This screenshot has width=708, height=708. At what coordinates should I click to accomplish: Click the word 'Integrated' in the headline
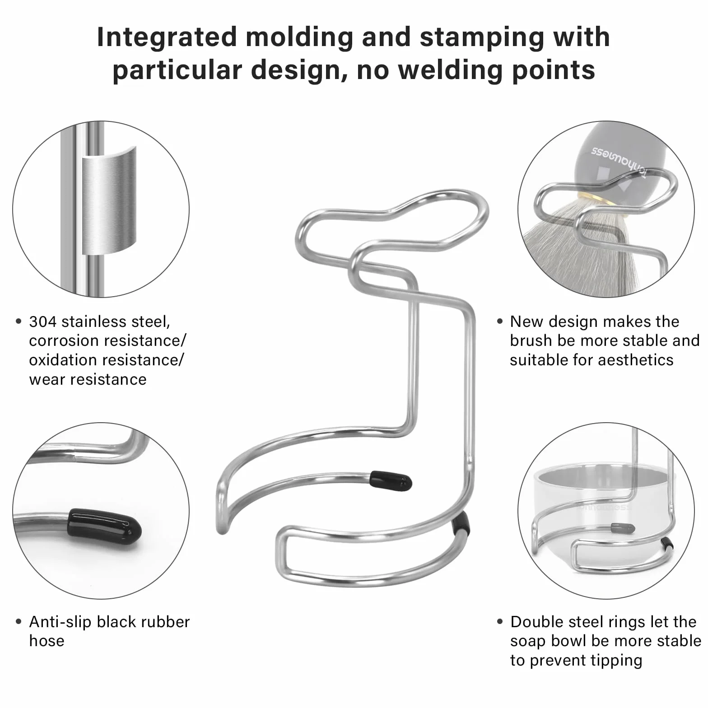(167, 38)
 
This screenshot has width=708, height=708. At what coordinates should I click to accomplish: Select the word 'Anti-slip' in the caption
(61, 622)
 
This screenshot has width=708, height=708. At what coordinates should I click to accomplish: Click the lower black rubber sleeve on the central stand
(461, 523)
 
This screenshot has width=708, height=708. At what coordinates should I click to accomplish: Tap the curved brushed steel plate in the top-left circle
(109, 200)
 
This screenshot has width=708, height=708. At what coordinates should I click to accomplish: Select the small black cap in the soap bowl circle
(623, 527)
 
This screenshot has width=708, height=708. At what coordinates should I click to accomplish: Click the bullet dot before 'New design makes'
(500, 321)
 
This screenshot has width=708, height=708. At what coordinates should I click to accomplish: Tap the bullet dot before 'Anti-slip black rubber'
(19, 622)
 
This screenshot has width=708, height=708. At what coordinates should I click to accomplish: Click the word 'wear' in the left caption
(47, 380)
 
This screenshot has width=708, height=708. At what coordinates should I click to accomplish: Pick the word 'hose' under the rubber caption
(47, 641)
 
